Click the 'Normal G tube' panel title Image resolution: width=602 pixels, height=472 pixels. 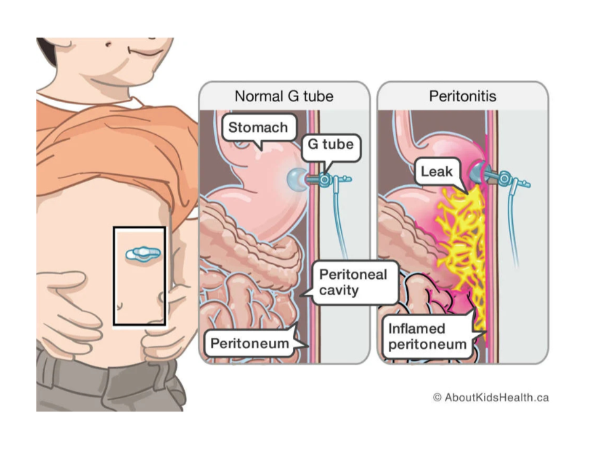click(x=284, y=96)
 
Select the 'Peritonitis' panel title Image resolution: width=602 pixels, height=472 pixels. click(x=462, y=96)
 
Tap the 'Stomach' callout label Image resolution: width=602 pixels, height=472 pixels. click(x=257, y=127)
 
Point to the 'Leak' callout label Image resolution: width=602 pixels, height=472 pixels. click(x=437, y=172)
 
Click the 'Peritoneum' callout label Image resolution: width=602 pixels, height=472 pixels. click(x=249, y=342)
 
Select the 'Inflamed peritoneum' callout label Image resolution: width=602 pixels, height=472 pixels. click(x=427, y=336)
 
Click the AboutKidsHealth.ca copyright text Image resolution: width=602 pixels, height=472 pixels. click(x=490, y=397)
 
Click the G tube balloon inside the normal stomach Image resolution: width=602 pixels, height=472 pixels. click(x=296, y=178)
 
